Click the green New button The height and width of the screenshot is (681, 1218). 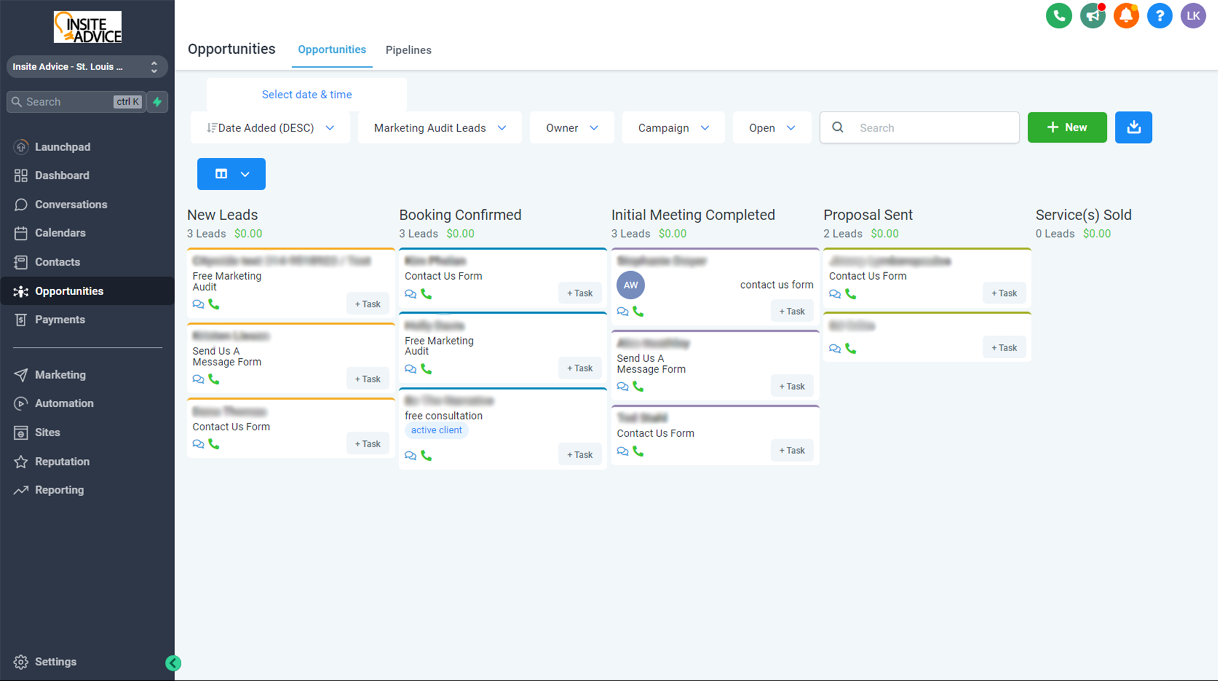coord(1067,127)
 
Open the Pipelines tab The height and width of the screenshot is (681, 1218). coord(408,50)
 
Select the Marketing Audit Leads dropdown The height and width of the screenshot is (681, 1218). coord(440,128)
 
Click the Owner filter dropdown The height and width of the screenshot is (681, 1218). coord(571,128)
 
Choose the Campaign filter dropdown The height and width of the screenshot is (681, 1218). coord(673,128)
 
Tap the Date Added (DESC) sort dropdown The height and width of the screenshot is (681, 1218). coord(270,128)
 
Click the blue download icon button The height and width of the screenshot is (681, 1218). coord(1133,127)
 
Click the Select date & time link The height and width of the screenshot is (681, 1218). coord(307,94)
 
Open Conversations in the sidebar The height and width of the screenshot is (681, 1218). coord(71,205)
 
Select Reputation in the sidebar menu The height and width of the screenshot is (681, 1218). coord(62,461)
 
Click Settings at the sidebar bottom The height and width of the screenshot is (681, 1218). coord(55,662)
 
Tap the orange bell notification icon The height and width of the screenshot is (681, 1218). coord(1126,16)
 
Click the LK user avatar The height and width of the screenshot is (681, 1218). coord(1193,16)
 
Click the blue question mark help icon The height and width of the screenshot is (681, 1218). coord(1159,16)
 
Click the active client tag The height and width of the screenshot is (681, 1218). coord(436,430)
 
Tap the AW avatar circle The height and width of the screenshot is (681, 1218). coord(631,285)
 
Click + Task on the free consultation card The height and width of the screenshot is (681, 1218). coord(580,455)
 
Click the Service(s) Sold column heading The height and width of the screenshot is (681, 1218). coord(1083,215)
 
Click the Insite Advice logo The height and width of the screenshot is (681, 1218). coord(88,27)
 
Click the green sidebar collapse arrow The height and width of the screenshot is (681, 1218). coord(173,663)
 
